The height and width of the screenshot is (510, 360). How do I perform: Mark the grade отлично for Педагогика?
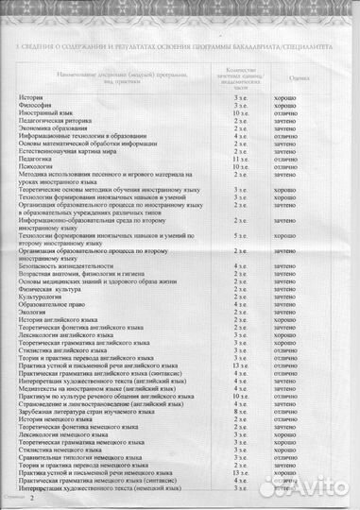(x=287, y=160)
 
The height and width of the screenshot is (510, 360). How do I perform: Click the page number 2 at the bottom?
(x=31, y=497)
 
